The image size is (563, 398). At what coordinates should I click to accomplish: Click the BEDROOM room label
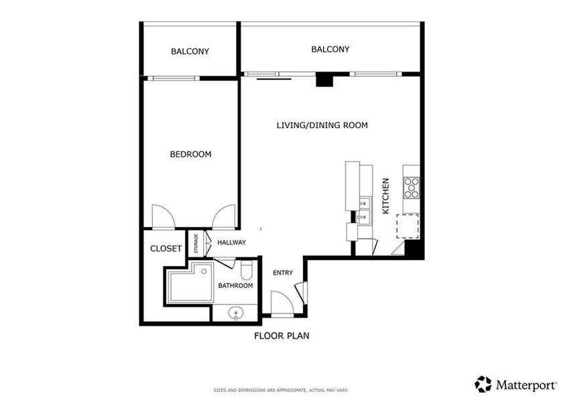tap(190, 154)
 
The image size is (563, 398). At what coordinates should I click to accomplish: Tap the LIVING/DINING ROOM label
tap(322, 125)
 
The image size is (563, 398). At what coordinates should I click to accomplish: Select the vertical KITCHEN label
tap(385, 196)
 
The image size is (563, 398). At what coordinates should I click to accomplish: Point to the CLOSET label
tap(166, 249)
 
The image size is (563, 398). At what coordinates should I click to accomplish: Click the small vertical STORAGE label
tap(196, 243)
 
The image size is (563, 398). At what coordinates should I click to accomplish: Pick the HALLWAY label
tap(231, 243)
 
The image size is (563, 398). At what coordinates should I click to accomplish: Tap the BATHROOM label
tap(235, 286)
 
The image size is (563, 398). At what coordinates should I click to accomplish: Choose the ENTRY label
tap(283, 273)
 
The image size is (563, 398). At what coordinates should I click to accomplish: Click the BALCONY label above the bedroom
tap(190, 51)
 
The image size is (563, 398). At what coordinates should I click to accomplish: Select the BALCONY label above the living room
tap(330, 49)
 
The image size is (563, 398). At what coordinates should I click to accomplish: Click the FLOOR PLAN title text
tap(281, 336)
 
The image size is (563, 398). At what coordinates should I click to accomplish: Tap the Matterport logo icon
tap(483, 384)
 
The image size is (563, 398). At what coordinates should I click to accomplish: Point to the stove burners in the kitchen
tap(411, 188)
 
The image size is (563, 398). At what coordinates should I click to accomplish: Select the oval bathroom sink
tap(236, 312)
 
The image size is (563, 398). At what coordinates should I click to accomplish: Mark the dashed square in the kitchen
tap(408, 226)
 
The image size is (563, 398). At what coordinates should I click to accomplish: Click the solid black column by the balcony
tap(324, 80)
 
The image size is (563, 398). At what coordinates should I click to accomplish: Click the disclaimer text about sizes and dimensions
tap(281, 390)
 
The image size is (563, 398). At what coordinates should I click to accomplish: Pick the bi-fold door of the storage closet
tap(208, 243)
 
